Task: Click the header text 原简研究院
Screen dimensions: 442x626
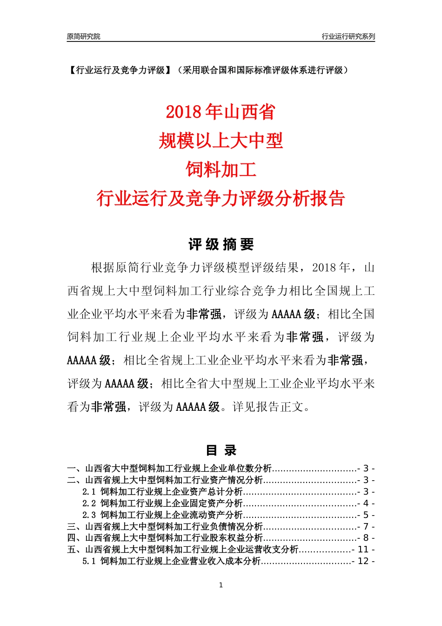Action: pos(83,36)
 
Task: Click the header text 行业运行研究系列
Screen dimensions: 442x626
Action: pos(348,36)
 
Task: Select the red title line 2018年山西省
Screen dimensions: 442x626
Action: pos(221,112)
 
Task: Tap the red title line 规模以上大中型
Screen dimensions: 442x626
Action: pos(221,141)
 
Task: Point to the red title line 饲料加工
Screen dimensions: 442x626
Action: pos(221,170)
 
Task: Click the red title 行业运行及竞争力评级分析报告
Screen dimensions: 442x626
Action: pos(221,198)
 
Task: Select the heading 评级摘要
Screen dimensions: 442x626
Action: pos(221,245)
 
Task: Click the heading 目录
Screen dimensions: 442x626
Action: pos(221,450)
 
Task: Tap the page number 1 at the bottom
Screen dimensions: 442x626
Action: pos(221,585)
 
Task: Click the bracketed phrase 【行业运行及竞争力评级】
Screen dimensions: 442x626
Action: pos(120,70)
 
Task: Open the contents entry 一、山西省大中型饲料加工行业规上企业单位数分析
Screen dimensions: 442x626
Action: pos(169,469)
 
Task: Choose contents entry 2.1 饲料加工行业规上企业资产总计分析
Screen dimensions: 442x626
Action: pos(163,492)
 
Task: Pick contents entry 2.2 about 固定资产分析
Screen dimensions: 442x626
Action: pos(163,504)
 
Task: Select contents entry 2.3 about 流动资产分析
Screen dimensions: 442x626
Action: pos(163,515)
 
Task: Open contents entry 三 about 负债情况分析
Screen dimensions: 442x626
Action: pos(165,527)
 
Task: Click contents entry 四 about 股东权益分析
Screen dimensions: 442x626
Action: pos(165,538)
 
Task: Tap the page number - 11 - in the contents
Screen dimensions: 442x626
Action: pos(364,550)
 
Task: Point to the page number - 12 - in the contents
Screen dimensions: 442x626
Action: pos(364,561)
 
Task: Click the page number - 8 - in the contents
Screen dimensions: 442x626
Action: pos(366,538)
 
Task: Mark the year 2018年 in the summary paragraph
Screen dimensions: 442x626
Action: pos(331,268)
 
